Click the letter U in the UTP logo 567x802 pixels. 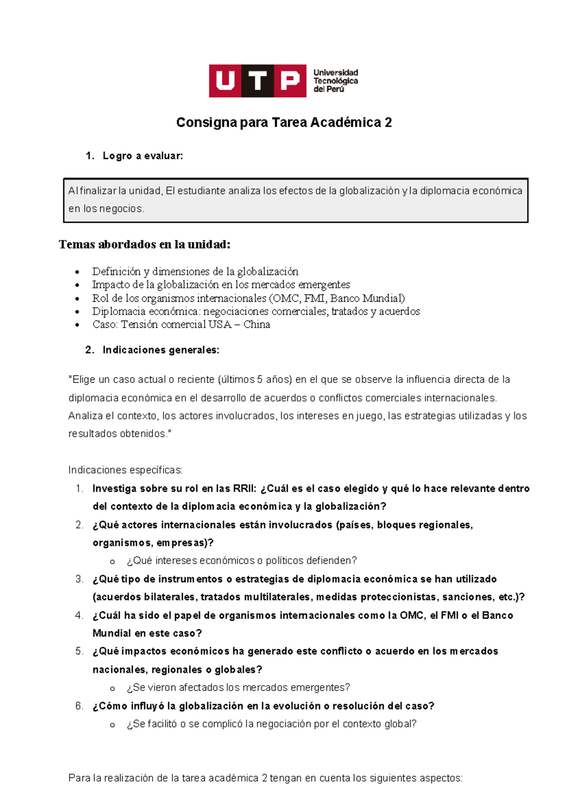click(225, 81)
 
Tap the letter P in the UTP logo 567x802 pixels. click(290, 81)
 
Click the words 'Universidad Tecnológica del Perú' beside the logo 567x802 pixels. click(335, 81)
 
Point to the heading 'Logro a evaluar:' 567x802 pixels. click(142, 156)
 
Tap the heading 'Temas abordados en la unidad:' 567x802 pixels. click(145, 244)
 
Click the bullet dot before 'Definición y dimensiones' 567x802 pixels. click(77, 272)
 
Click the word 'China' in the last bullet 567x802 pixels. click(257, 324)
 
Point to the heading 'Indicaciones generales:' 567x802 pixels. click(161, 350)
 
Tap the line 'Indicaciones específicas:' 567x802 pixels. click(125, 470)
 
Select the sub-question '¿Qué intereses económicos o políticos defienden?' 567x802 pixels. click(241, 561)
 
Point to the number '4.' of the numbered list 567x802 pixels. click(79, 615)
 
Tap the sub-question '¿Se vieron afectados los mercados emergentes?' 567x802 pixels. click(238, 688)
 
